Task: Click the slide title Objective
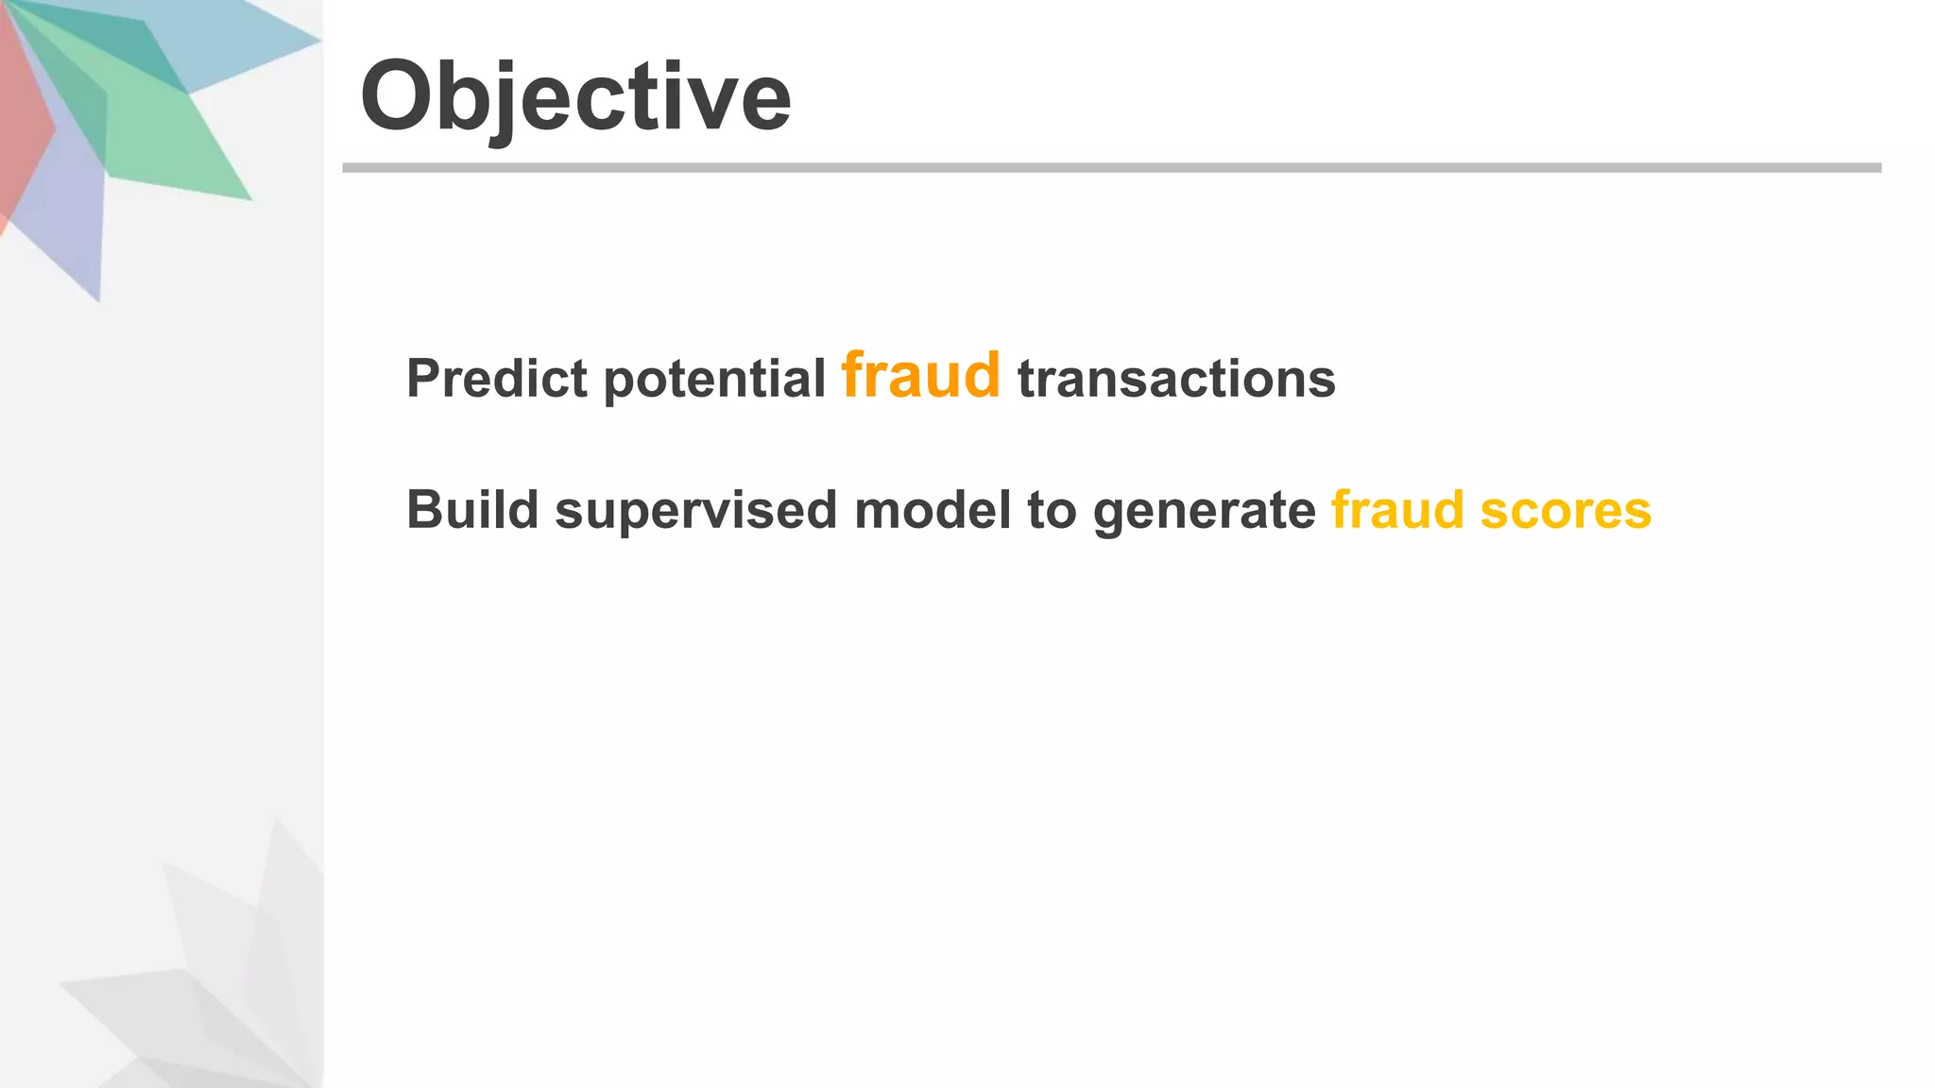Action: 575,96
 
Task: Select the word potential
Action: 714,379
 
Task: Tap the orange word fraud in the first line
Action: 920,375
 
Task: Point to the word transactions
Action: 1176,379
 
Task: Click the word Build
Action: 472,510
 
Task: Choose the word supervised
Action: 695,510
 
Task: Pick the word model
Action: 932,510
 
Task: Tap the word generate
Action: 1204,510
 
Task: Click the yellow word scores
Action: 1566,510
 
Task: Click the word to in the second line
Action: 1052,510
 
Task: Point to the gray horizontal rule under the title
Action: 1111,168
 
